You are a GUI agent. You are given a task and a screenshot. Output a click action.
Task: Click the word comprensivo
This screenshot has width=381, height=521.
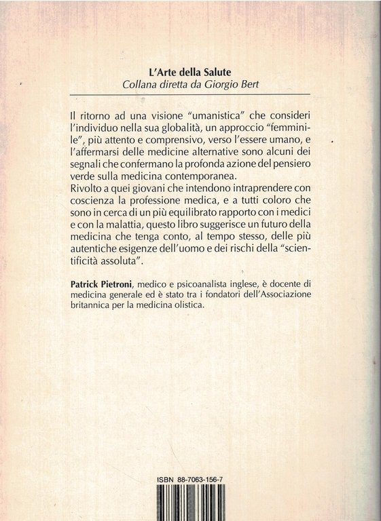click(x=160, y=140)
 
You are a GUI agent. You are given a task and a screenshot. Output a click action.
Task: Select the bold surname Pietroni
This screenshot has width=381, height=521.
click(x=133, y=292)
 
